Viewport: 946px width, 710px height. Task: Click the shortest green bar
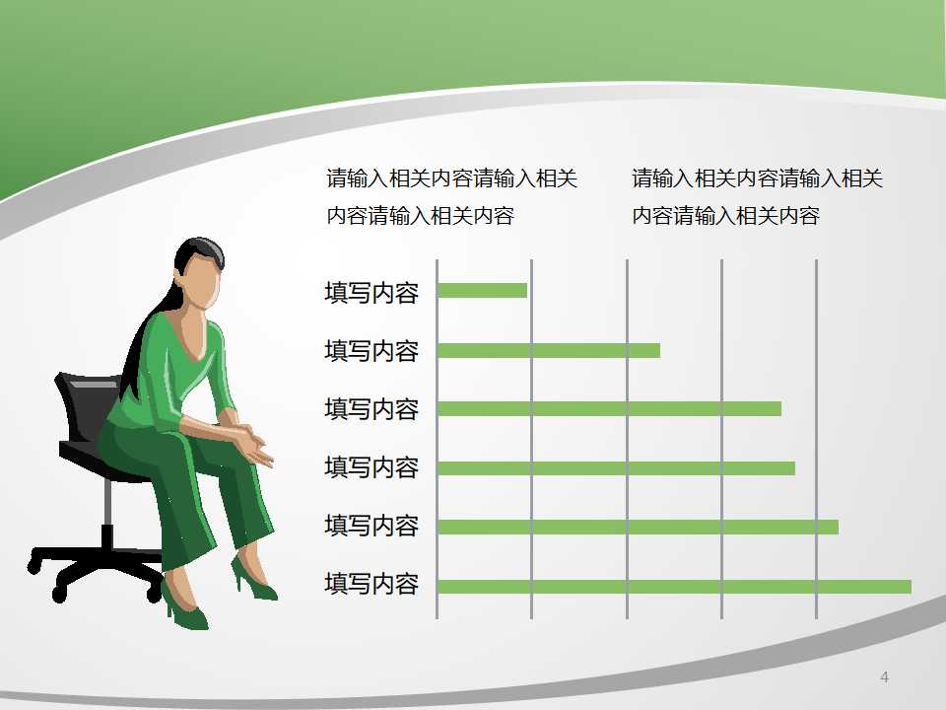click(482, 291)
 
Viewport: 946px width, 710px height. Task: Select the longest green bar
click(674, 587)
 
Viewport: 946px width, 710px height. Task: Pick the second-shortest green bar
click(548, 350)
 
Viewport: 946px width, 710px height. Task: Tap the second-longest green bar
click(638, 527)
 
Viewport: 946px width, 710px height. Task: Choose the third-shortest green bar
click(609, 408)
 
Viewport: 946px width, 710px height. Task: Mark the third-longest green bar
click(616, 467)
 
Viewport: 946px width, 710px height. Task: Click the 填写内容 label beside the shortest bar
click(372, 293)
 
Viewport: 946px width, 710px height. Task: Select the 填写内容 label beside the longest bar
click(372, 585)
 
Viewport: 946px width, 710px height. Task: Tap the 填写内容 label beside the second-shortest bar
click(372, 351)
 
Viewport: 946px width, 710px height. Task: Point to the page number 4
click(884, 676)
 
